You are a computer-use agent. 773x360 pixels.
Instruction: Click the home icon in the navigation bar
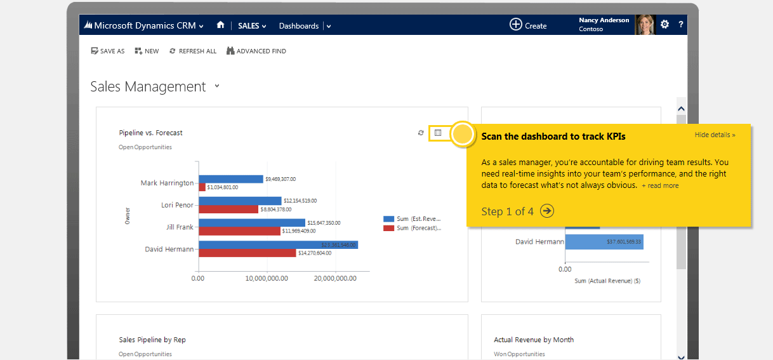[220, 25]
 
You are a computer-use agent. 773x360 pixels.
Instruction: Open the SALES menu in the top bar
[252, 26]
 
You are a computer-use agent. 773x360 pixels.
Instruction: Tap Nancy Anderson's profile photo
[644, 25]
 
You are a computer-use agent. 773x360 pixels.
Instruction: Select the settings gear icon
[664, 25]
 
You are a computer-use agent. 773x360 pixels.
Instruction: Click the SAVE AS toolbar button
[108, 51]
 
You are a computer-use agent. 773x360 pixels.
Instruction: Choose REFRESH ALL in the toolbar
[193, 51]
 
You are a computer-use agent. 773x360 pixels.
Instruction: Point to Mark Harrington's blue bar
[231, 179]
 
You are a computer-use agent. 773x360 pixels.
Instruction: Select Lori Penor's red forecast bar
[228, 210]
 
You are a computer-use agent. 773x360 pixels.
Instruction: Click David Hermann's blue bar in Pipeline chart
[278, 245]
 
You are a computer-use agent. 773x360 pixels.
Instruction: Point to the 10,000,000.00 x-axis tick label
[267, 278]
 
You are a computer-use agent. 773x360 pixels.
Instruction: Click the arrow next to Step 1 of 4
[547, 211]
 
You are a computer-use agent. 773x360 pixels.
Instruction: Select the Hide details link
[715, 135]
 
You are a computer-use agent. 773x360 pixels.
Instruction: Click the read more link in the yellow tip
[660, 185]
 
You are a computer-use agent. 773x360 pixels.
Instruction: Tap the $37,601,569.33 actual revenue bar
[604, 242]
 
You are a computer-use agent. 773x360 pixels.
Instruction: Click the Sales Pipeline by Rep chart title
[152, 340]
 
